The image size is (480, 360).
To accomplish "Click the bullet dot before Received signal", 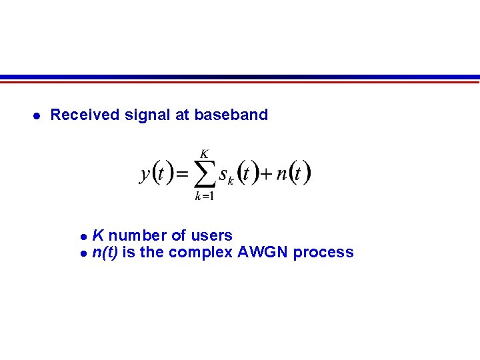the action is tap(37, 115).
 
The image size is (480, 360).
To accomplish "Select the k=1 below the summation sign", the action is tap(204, 197).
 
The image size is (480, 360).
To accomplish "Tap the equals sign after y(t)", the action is tap(182, 175).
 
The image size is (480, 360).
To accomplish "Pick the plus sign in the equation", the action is tap(266, 175).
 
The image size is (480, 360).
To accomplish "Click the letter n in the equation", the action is tap(281, 175).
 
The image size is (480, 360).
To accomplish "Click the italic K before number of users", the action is tap(97, 235).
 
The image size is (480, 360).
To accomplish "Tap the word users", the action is tap(211, 235).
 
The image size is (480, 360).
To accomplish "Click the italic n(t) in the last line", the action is tap(105, 252).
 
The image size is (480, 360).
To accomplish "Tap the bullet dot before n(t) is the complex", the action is tap(83, 253).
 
